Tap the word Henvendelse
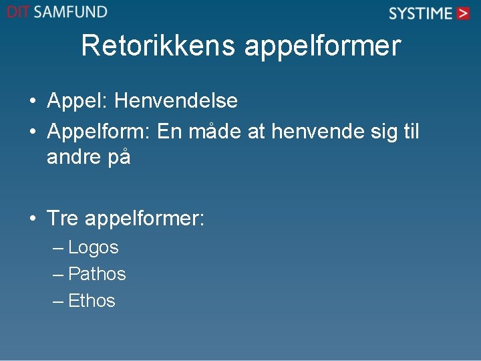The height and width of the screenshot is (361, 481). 176,101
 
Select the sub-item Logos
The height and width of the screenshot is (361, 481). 94,248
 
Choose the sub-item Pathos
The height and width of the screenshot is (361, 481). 97,274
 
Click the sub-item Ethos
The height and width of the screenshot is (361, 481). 92,301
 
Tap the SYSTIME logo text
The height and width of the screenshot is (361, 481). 420,13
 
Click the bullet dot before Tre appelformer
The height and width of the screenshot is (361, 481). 33,219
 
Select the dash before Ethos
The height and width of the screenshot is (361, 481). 59,302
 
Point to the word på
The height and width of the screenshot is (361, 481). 117,159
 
